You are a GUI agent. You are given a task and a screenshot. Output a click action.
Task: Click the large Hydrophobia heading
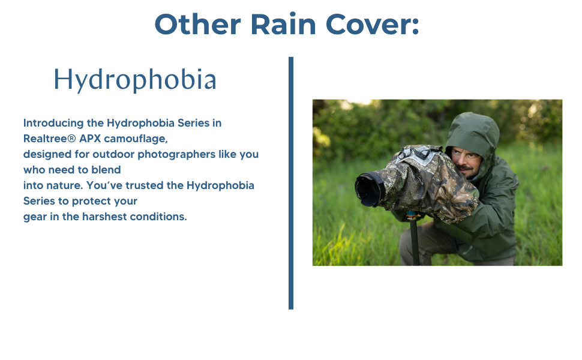tap(135, 80)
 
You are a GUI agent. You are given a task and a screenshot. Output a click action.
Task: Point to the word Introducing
tap(53, 123)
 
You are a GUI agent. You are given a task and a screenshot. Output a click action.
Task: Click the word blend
tap(107, 170)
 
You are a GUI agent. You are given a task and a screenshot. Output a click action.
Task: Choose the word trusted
tap(140, 185)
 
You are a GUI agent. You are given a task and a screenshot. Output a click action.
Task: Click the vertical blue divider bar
tap(291, 183)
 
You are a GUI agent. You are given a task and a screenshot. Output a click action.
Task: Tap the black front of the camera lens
tap(367, 190)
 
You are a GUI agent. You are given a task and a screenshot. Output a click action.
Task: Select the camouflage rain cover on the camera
tap(426, 180)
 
